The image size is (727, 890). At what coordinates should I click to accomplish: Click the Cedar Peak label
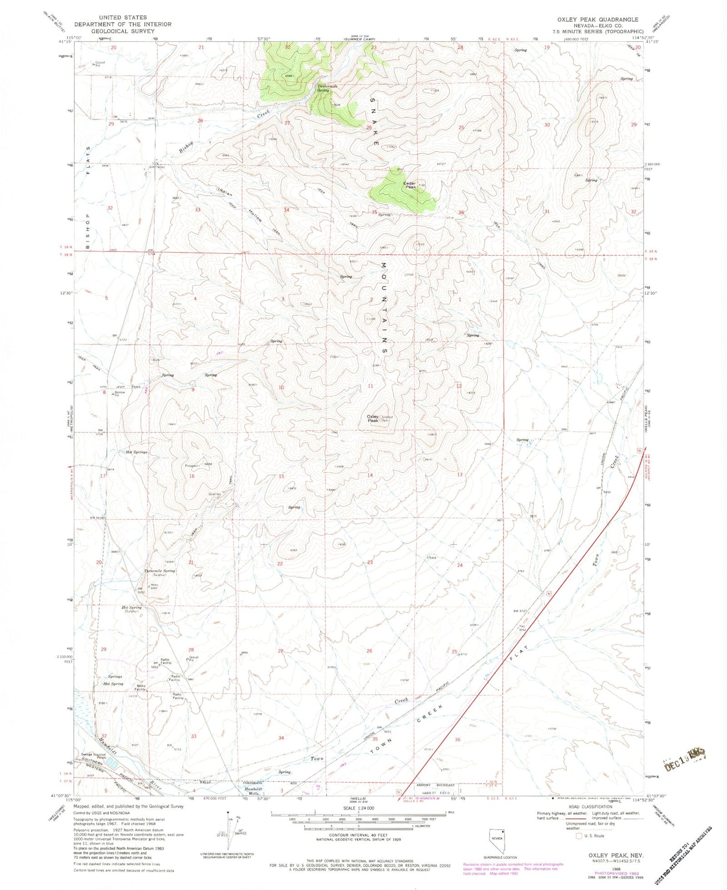[x=410, y=185]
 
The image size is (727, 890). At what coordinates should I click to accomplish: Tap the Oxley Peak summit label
[x=373, y=418]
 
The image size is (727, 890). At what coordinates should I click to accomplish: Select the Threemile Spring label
[x=159, y=571]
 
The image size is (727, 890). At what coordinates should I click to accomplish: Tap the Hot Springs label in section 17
[x=136, y=452]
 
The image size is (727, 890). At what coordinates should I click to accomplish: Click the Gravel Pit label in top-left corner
[x=100, y=64]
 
